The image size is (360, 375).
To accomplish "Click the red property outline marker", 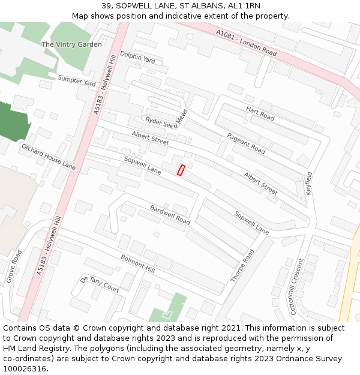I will pos(181,170).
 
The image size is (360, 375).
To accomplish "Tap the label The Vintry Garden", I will pos(71,44).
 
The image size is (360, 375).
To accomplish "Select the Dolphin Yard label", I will pos(137,58).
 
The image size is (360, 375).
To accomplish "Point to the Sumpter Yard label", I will pos(77,80).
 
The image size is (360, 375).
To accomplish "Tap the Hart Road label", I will pos(260,113).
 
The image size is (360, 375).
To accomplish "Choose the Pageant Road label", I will pos(246,143).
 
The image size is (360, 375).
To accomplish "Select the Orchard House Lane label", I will pos(49,156).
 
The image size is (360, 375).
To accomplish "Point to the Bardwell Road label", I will pos(170,215).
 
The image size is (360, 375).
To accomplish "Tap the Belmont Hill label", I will pos(137,265).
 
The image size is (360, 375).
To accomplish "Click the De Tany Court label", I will pos(100,284).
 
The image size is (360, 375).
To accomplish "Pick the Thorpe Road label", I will pos(243,266).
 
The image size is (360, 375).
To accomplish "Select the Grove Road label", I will pos(14,267).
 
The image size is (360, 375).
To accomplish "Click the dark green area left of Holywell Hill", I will pos(13,122).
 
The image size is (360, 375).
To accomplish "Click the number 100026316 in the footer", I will pos(25,369).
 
